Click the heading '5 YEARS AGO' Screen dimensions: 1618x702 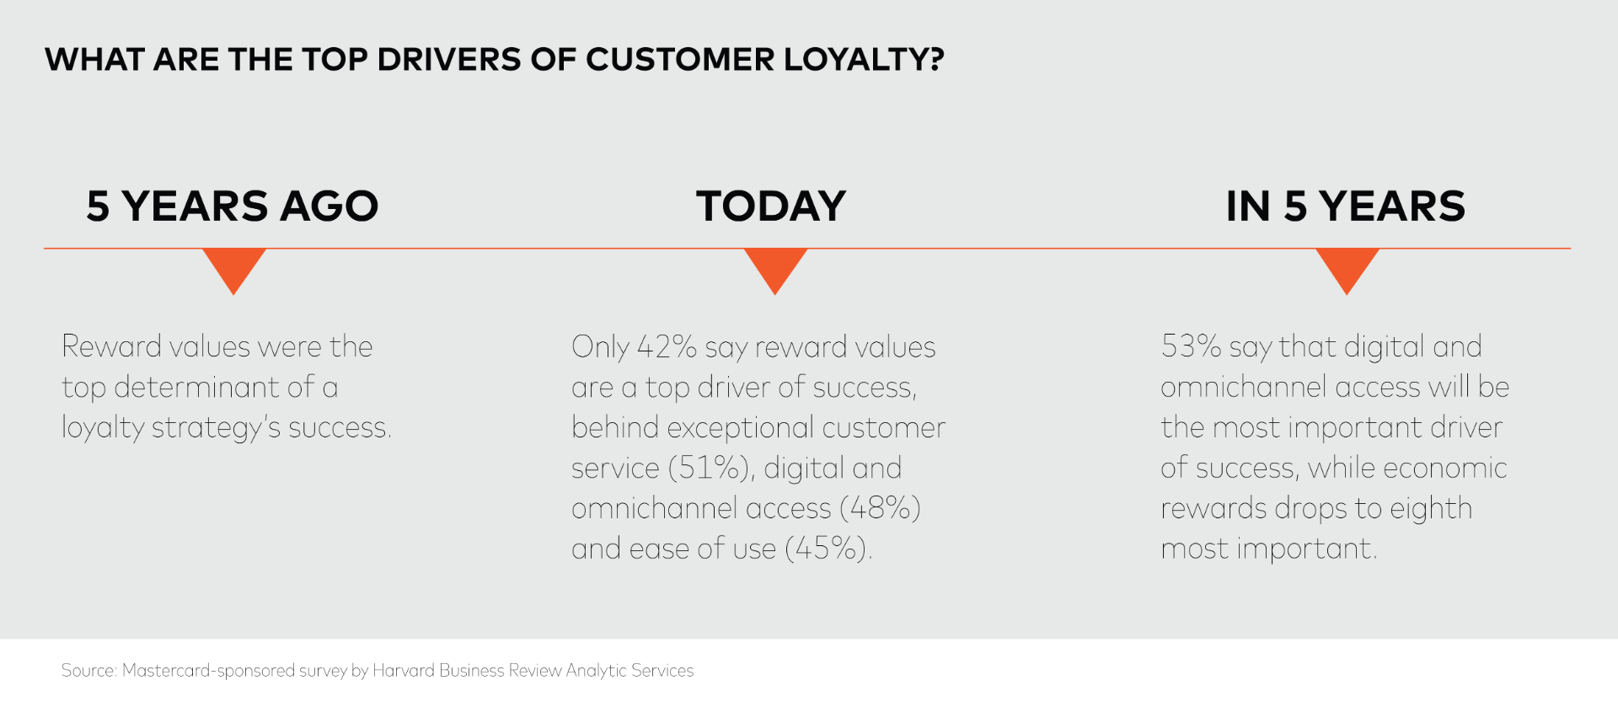point(233,206)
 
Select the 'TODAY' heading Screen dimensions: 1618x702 point(771,206)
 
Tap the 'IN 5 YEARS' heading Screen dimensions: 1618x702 point(1346,206)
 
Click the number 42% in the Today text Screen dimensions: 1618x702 point(667,346)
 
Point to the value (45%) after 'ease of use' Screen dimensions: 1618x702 point(828,549)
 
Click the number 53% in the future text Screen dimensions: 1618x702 point(1191,346)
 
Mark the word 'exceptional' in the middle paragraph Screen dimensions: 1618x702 point(739,428)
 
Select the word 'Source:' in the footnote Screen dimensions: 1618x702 point(88,671)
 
